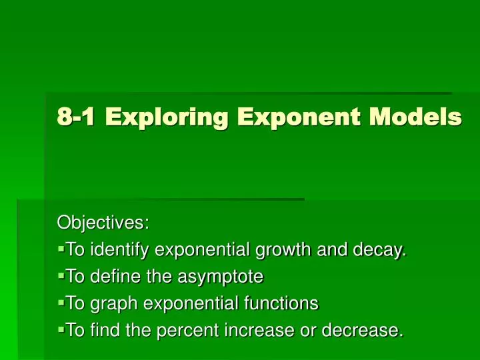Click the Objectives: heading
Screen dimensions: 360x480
[x=103, y=222]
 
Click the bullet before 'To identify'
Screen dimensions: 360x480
[x=61, y=249]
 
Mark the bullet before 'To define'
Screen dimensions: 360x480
[x=61, y=275]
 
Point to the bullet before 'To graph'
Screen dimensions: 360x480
[x=61, y=302]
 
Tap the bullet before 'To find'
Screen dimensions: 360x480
[x=61, y=329]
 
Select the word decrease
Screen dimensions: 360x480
[x=364, y=331]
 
